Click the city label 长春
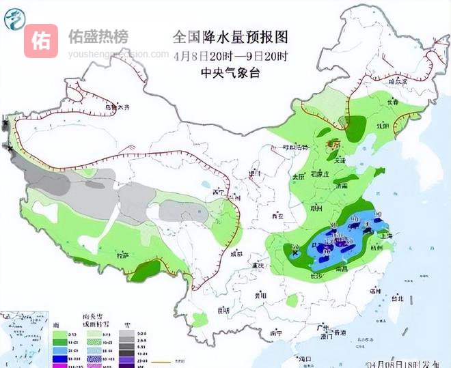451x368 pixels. point(391,102)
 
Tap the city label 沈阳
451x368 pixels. point(383,126)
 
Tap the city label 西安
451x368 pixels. point(277,216)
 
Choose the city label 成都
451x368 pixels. point(236,253)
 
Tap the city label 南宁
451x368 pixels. point(277,332)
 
